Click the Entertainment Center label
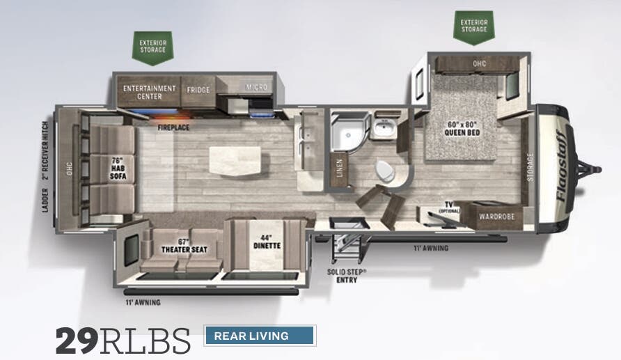[x=149, y=92]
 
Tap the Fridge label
[x=198, y=89]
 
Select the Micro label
[x=256, y=87]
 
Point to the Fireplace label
[x=173, y=128]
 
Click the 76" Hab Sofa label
[x=116, y=166]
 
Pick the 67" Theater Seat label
[x=180, y=245]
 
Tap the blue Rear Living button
[x=259, y=336]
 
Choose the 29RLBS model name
[x=123, y=341]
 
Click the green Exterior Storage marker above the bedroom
[x=474, y=27]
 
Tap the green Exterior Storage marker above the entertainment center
[x=152, y=46]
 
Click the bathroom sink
[x=382, y=128]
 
